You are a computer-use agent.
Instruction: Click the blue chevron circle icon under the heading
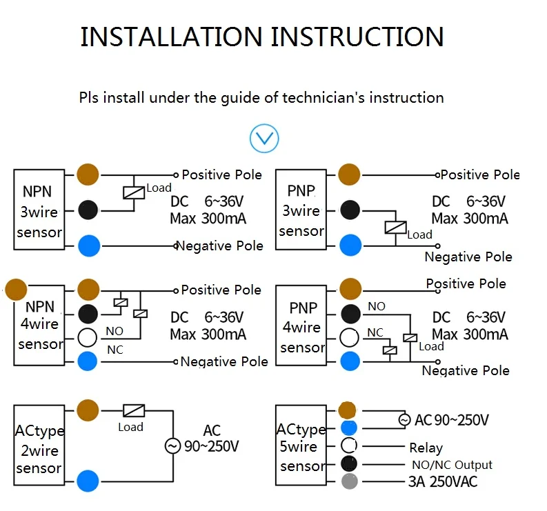coord(264,139)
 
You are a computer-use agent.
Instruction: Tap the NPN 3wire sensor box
coord(41,210)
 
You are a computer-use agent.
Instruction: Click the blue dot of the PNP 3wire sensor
coord(350,245)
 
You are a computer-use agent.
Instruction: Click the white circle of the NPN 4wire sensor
coord(88,338)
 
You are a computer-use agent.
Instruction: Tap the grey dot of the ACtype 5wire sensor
coord(350,481)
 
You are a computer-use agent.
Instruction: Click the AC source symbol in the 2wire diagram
coord(172,446)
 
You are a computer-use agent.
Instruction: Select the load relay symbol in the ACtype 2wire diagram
coord(133,410)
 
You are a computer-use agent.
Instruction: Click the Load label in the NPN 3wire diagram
coord(159,188)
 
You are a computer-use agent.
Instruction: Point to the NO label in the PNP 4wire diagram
coord(377,306)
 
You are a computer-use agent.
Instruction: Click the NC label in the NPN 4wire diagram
coord(115,350)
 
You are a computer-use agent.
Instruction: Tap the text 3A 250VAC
coord(444,481)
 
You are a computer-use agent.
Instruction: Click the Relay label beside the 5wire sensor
coord(426,448)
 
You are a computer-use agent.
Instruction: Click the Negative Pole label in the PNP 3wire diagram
coord(468,257)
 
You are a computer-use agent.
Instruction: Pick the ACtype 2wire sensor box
coord(39,450)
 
